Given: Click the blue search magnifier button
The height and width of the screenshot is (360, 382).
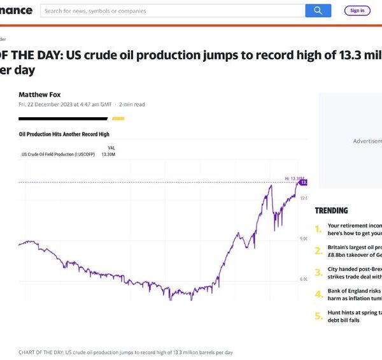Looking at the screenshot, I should point(318,10).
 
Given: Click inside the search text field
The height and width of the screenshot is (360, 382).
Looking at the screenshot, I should point(172,11).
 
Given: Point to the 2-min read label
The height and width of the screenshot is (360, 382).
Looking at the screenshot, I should point(132,104).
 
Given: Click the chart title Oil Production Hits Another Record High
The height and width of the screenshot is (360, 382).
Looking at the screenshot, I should point(64,134).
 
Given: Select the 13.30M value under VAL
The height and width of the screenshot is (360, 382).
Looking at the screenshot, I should point(109,154).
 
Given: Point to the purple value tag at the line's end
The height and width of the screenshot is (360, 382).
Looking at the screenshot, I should point(304,182).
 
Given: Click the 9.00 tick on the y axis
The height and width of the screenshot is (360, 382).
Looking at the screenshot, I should point(303,239).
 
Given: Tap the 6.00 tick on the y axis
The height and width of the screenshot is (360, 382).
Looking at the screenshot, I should point(303,279).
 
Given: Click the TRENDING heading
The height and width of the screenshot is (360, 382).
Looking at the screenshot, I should point(332,210).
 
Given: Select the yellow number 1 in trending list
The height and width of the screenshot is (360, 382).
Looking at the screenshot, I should point(318,229).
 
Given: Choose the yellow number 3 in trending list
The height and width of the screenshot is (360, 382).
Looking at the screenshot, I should point(318,273).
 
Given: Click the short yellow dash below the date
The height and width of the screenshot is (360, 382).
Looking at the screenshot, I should point(118,119).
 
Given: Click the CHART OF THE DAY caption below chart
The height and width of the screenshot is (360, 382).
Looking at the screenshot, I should point(126,352).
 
